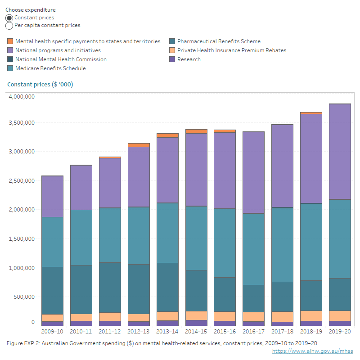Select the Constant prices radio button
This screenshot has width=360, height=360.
9,18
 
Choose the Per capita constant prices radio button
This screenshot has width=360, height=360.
9,26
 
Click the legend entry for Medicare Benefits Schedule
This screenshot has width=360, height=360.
50,68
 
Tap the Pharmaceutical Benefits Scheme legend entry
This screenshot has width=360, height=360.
219,41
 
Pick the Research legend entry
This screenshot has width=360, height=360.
189,59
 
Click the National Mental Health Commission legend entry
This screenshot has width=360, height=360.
61,59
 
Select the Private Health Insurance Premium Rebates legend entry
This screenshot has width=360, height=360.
232,50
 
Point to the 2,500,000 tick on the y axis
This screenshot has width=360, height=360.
22,181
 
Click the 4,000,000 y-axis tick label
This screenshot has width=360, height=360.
22,97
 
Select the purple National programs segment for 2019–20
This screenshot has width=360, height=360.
340,151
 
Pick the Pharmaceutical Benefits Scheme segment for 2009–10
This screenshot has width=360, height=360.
53,290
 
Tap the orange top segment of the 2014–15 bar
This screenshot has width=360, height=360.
196,131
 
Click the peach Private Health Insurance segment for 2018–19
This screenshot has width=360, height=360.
311,316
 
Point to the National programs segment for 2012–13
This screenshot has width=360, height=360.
139,177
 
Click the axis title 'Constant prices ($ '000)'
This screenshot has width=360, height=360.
40,85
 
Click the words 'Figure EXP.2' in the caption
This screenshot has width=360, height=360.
23,343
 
